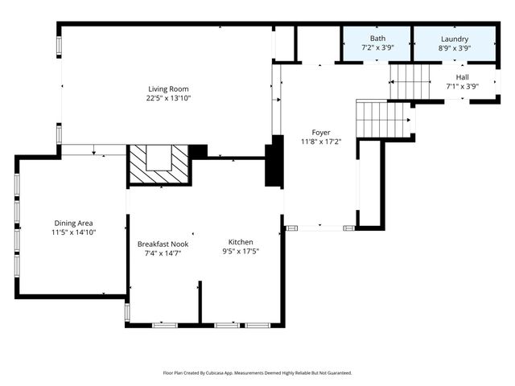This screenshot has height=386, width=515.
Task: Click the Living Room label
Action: point(168,89)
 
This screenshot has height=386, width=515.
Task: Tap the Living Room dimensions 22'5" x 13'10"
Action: point(168,98)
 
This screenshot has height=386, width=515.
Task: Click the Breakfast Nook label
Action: point(163,244)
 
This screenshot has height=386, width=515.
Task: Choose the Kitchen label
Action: point(241,242)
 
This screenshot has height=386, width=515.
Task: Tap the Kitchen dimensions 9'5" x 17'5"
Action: point(241,251)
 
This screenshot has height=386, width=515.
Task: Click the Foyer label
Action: point(321,133)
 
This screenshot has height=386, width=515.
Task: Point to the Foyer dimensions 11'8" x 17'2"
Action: point(321,142)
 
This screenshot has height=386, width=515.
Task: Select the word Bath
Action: point(377,39)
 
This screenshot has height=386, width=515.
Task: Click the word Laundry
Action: point(455,39)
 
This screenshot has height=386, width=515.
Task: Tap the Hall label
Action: point(463,77)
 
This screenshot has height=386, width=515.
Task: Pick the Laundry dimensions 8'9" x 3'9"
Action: point(455,48)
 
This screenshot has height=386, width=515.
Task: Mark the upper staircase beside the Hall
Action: point(411,83)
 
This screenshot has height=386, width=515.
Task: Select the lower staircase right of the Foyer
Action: point(385,119)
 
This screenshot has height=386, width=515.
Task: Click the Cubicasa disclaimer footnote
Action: point(257,373)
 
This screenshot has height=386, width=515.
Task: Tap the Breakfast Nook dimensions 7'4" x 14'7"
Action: point(163,253)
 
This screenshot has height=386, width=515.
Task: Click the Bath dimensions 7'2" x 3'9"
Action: point(377,48)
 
